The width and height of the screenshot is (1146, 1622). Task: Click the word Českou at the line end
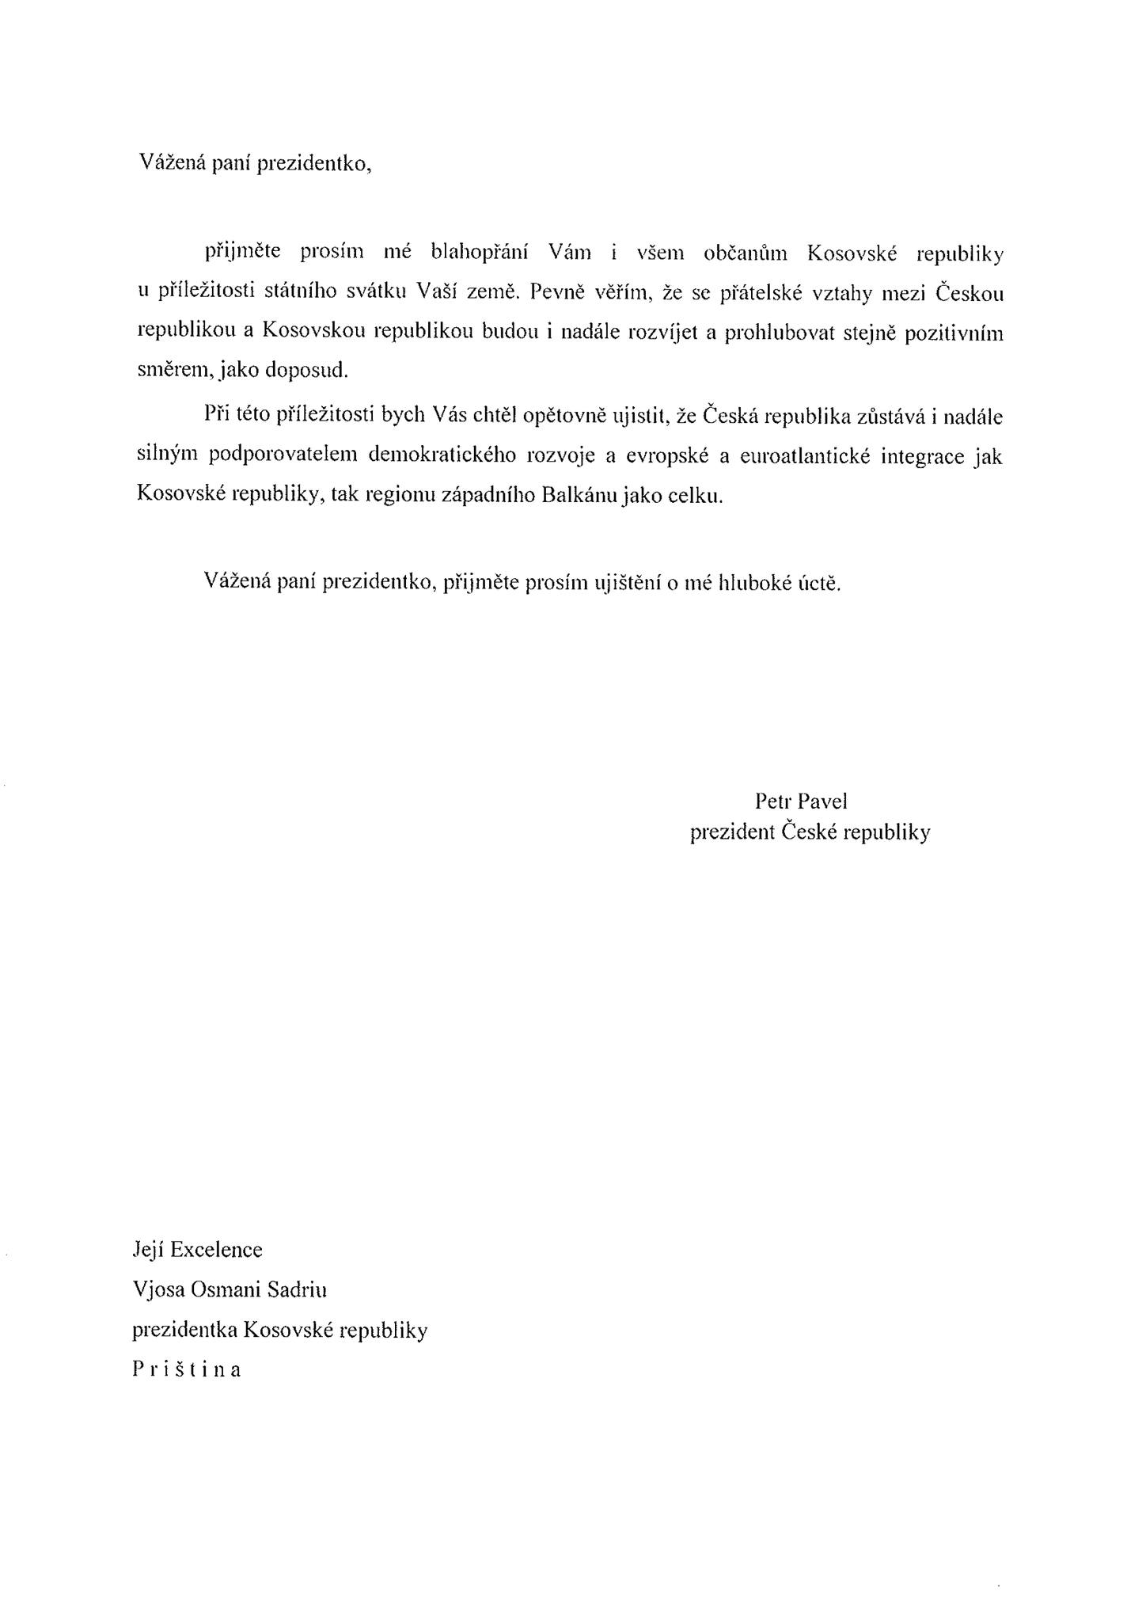[x=970, y=293]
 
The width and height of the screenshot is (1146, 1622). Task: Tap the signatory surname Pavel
[x=822, y=801]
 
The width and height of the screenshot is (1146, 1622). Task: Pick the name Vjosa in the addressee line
[x=157, y=1290]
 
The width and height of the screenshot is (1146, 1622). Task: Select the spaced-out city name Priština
[x=187, y=1369]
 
